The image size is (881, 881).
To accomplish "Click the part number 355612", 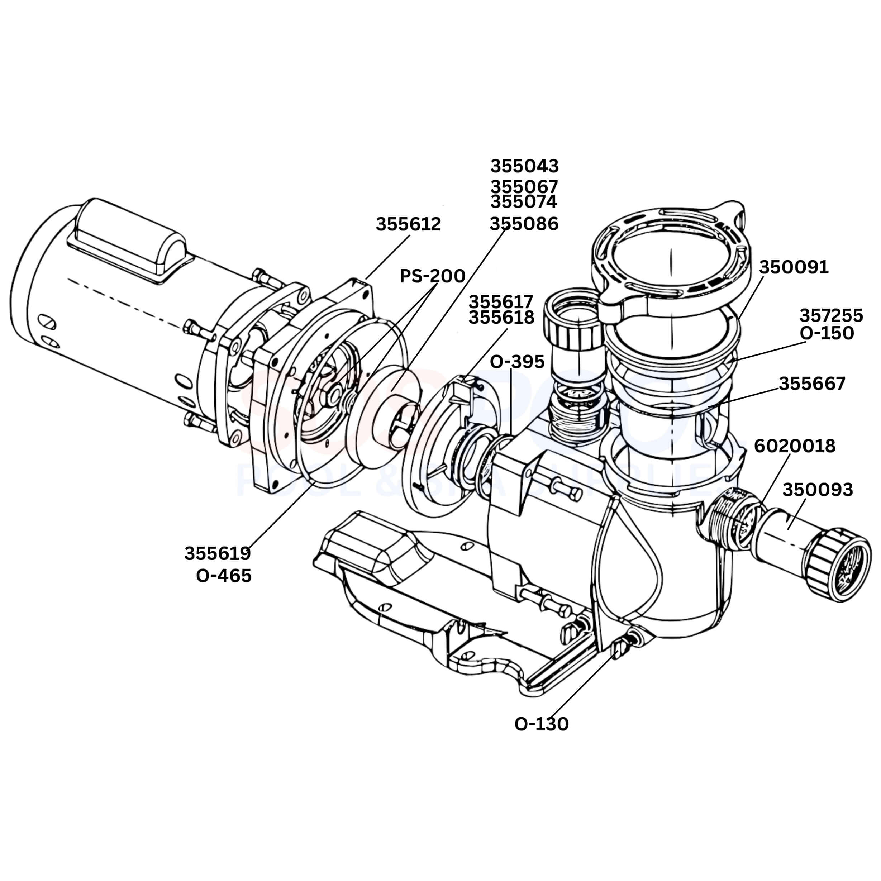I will pos(408,224).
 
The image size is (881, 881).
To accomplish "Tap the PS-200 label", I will pos(432,276).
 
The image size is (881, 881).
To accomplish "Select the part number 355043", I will pos(524,166).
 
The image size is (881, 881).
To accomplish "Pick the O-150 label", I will pos(826,333).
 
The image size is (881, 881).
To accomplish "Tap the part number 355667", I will pos(812,384).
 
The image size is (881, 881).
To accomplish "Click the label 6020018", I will pos(794,446).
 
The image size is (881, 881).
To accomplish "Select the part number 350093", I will pos(817,489).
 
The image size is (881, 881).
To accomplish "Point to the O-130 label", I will pos(541,724).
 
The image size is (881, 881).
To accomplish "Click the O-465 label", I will pos(223,576).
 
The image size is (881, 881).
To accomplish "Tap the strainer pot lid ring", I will pos(670,260).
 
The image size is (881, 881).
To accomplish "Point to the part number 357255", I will pos(831,315).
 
